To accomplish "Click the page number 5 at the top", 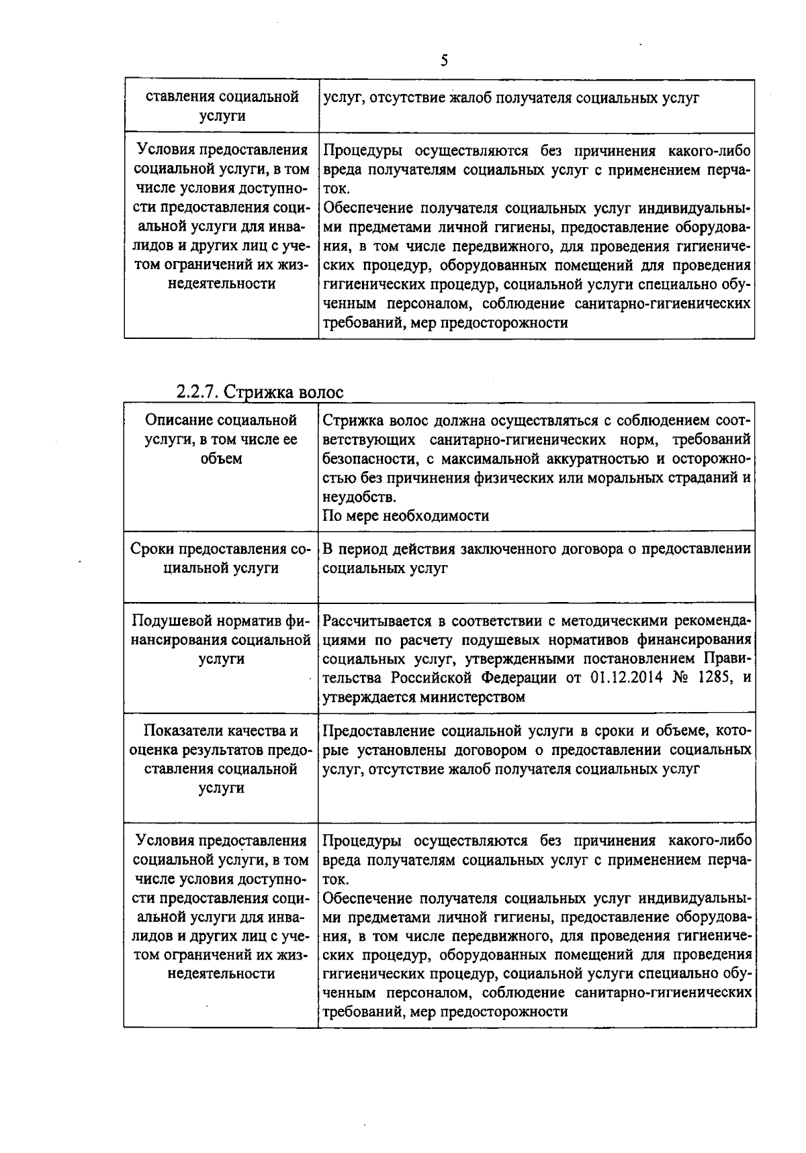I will pyautogui.click(x=444, y=61).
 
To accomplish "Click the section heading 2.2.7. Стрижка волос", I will pyautogui.click(x=259, y=392).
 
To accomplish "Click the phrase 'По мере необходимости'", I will pyautogui.click(x=406, y=515).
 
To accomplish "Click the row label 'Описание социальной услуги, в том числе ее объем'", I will pyautogui.click(x=221, y=440).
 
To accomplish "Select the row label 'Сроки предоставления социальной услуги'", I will pyautogui.click(x=221, y=558).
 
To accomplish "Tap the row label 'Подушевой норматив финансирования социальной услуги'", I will pyautogui.click(x=221, y=640).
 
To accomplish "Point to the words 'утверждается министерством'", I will pyautogui.click(x=423, y=697).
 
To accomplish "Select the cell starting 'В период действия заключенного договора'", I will pyautogui.click(x=536, y=558).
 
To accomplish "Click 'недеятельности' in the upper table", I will pyautogui.click(x=221, y=284).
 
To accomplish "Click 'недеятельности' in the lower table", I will pyautogui.click(x=221, y=973).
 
